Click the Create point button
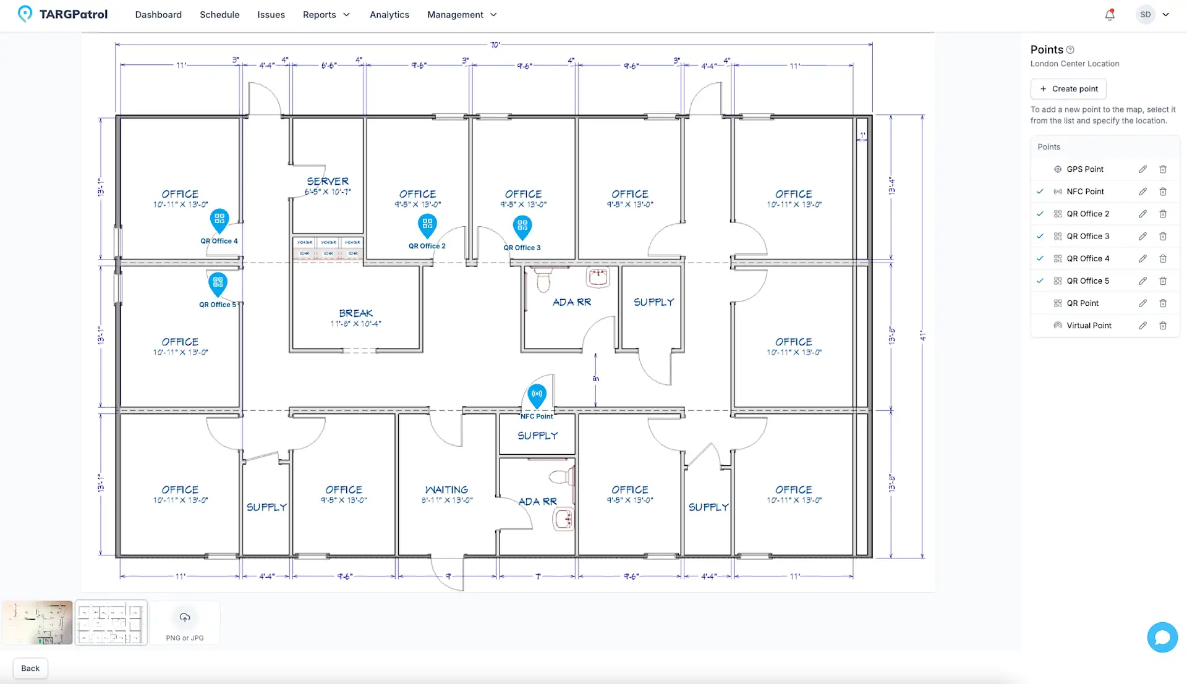tap(1068, 89)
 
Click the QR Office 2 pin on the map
tap(427, 225)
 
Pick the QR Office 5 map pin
tap(218, 284)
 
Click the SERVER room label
tap(328, 182)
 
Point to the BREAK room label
tap(355, 313)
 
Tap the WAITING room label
tap(446, 490)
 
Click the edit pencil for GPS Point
tap(1142, 169)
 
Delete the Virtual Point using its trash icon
tap(1163, 326)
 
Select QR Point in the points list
tap(1082, 303)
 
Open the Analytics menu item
tap(389, 15)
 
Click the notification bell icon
tap(1110, 15)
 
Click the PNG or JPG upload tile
tap(185, 623)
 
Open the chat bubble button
tap(1162, 637)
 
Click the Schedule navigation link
tap(219, 15)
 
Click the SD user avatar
tap(1146, 15)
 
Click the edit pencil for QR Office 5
tap(1142, 281)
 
